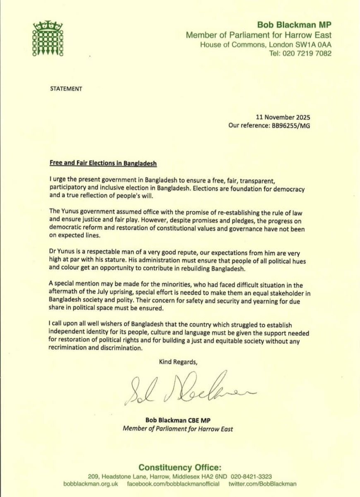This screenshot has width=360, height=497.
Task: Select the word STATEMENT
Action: (66, 89)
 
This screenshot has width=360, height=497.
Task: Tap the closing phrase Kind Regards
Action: (178, 362)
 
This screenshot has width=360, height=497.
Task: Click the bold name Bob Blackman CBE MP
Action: (178, 420)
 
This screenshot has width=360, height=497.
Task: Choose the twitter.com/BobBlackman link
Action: (262, 484)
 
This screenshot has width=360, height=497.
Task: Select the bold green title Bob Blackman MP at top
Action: (295, 25)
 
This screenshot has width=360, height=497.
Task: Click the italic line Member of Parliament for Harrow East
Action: (178, 429)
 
